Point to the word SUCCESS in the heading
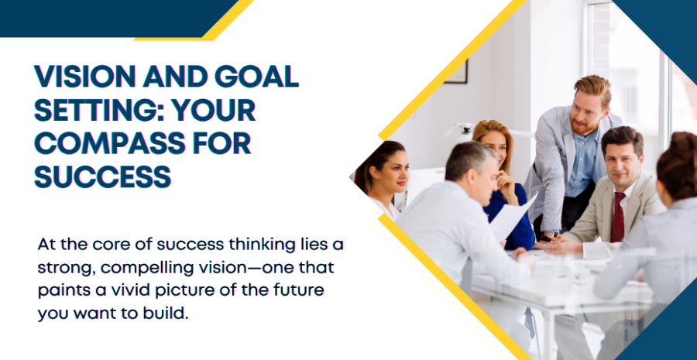click(103, 177)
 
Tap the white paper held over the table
click(513, 218)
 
